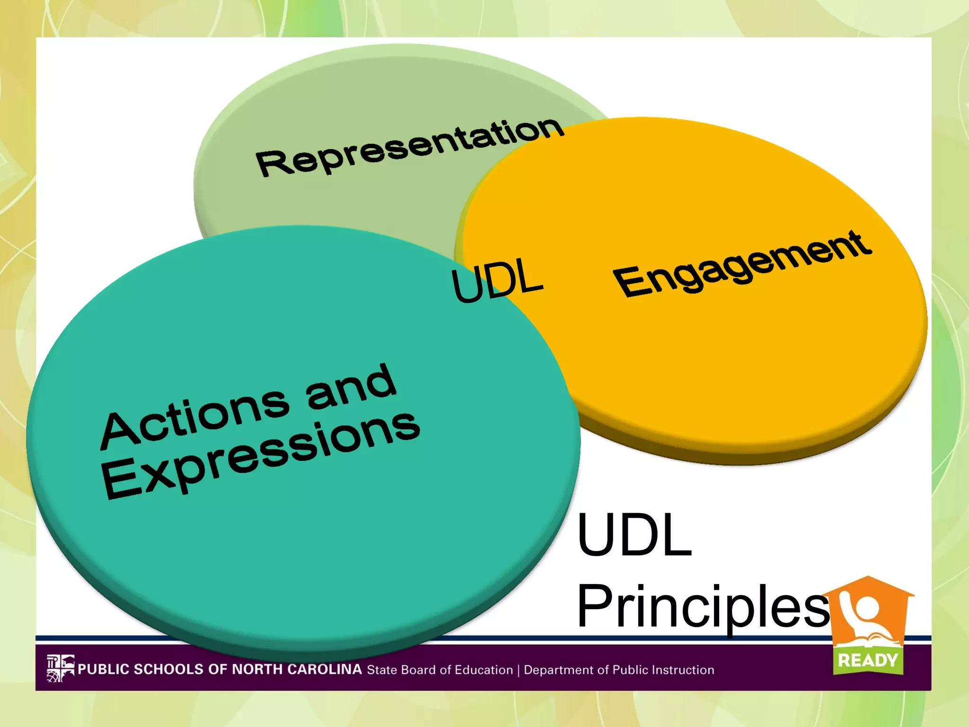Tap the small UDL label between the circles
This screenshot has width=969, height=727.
point(497,280)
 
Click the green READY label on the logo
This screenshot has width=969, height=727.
point(868,660)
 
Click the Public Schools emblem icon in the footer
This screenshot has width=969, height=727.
point(60,668)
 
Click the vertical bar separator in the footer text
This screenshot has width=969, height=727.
point(519,670)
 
